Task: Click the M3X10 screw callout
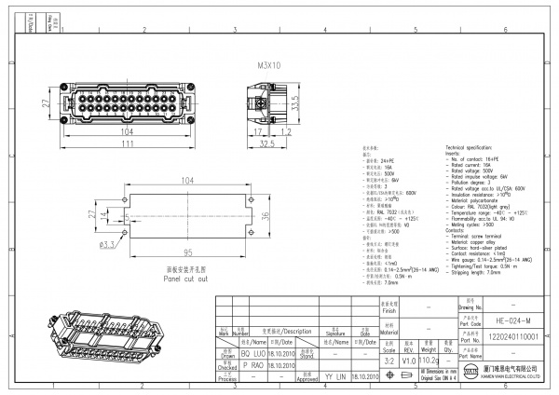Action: point(269,67)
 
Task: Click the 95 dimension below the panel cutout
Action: point(187,252)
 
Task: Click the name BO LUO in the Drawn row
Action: point(253,355)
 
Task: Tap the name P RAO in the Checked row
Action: point(253,366)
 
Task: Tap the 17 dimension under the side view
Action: point(257,133)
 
